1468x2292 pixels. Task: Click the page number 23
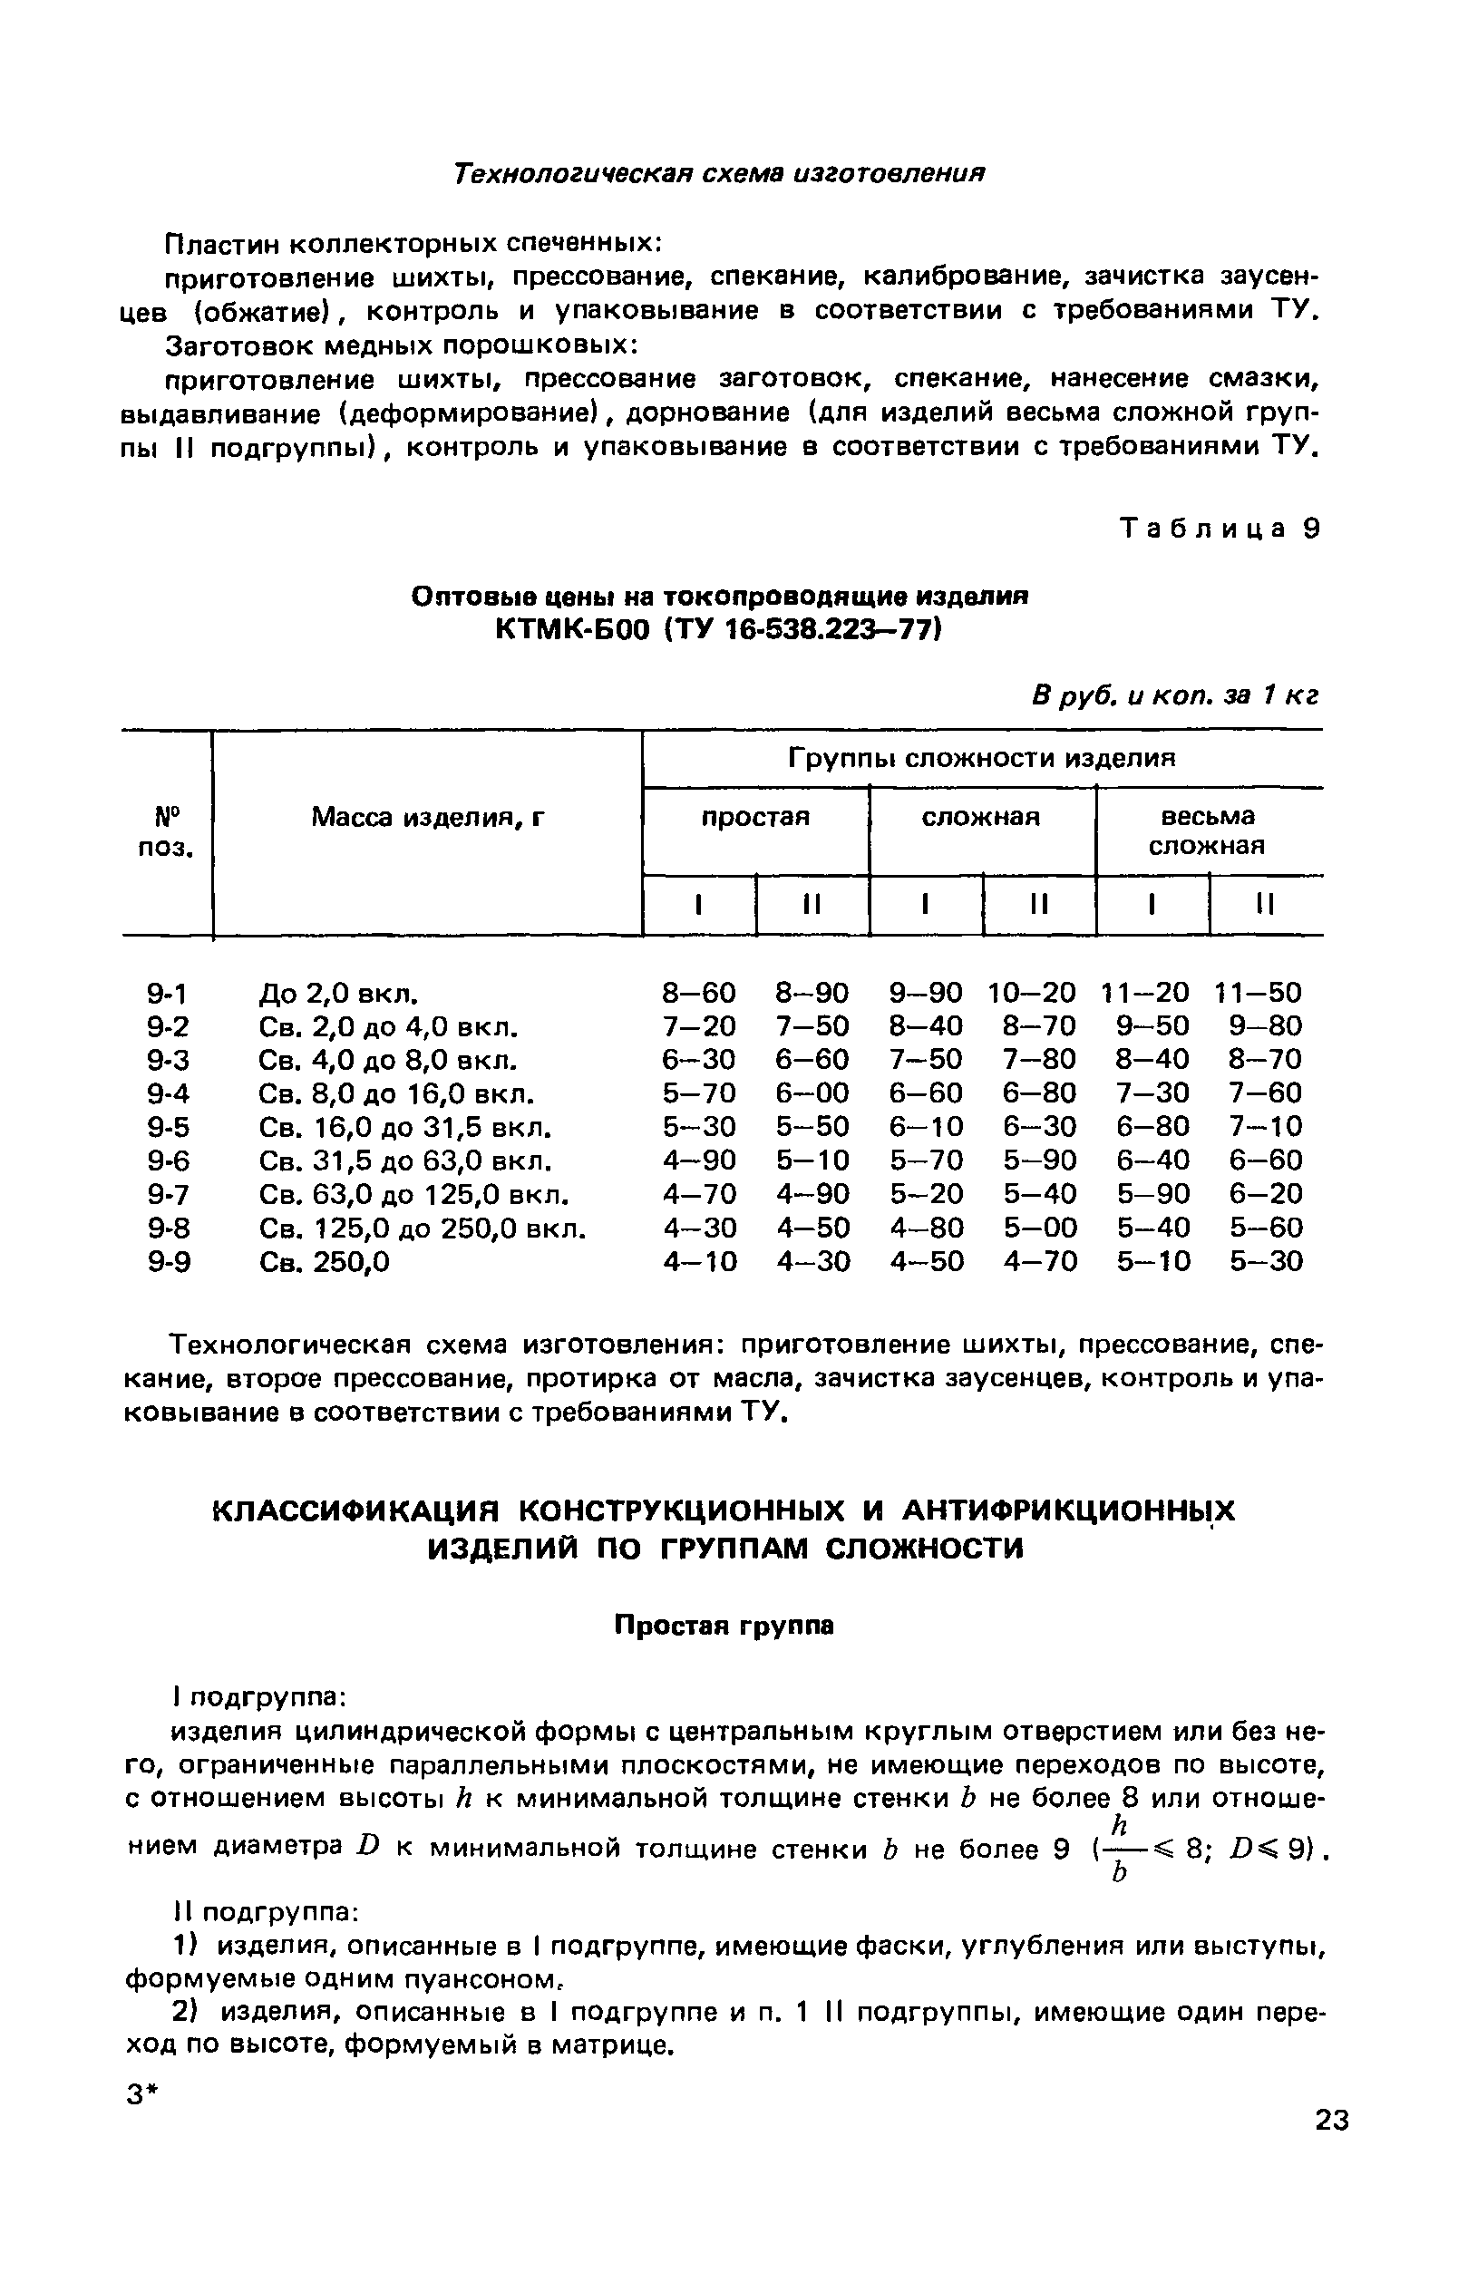point(1332,2121)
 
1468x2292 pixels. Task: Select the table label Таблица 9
point(1221,529)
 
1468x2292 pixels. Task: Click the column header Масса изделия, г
point(428,818)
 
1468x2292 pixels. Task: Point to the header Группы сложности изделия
point(982,759)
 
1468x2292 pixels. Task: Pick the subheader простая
point(755,818)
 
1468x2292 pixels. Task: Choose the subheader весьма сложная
point(1208,831)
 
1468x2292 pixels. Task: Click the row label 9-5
point(169,1128)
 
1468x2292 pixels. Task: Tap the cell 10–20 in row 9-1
point(1032,993)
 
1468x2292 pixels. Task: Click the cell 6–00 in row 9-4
point(812,1093)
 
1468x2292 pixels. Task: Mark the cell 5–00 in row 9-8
point(1039,1228)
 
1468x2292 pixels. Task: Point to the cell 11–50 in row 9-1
point(1258,993)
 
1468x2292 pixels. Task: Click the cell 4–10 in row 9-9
point(700,1262)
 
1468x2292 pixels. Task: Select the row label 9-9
point(169,1262)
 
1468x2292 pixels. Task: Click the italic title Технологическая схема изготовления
point(718,173)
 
